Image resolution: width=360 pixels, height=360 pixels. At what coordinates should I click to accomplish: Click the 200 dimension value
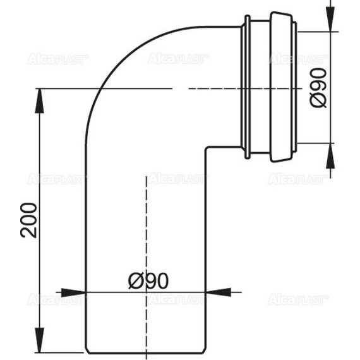(x=28, y=220)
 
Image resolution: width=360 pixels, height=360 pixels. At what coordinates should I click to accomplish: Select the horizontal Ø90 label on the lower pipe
(x=148, y=280)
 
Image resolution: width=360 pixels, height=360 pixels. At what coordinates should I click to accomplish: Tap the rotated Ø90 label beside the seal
(x=319, y=88)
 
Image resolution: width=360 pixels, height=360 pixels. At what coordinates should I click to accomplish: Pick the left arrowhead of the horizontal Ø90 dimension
(x=80, y=292)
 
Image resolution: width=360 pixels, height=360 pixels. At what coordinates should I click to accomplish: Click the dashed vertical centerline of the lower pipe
(x=147, y=240)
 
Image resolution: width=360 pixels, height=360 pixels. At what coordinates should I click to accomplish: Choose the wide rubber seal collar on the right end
(x=282, y=87)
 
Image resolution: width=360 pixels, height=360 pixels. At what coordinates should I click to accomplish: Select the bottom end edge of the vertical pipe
(x=145, y=352)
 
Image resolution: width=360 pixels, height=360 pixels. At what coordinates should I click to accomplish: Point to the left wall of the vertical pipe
(x=85, y=253)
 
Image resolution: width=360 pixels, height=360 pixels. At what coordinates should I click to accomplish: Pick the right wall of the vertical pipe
(x=205, y=253)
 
